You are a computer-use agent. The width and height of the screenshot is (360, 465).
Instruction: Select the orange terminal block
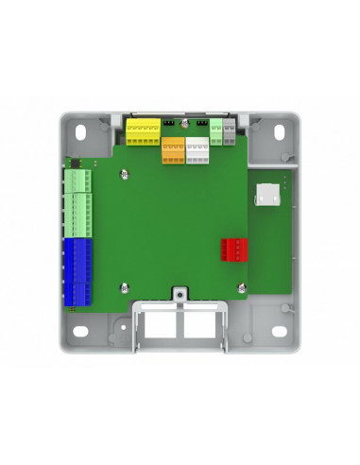pyautogui.click(x=174, y=151)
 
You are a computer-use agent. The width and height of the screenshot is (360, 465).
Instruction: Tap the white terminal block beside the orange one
pyautogui.click(x=197, y=151)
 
